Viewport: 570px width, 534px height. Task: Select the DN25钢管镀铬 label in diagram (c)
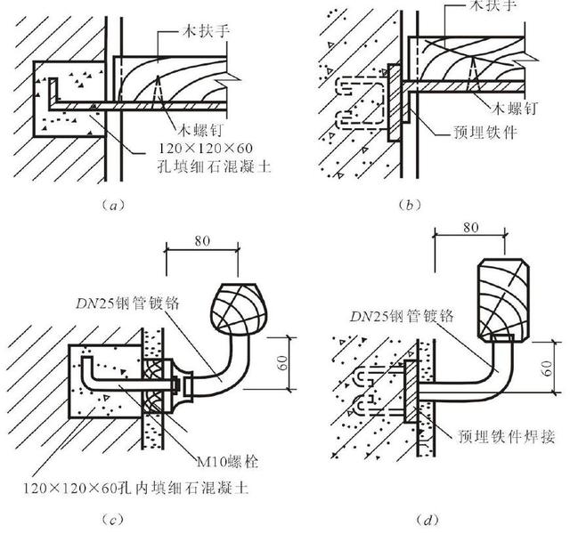131,303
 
